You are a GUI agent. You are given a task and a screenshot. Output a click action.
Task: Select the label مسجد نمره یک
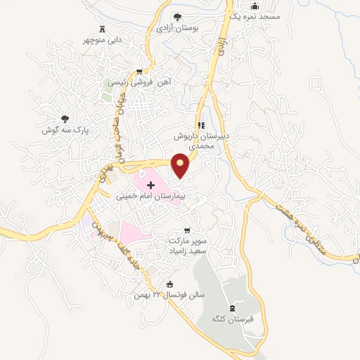point(259,15)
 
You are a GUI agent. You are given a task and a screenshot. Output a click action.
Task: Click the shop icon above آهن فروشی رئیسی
point(140,71)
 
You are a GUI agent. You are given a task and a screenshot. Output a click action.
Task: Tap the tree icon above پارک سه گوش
point(65,119)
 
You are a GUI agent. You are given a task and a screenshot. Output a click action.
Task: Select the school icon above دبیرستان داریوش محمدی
point(200,126)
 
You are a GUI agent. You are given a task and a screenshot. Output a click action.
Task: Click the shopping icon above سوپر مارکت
point(186,231)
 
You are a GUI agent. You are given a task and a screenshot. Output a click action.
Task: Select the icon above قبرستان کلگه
point(233,308)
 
